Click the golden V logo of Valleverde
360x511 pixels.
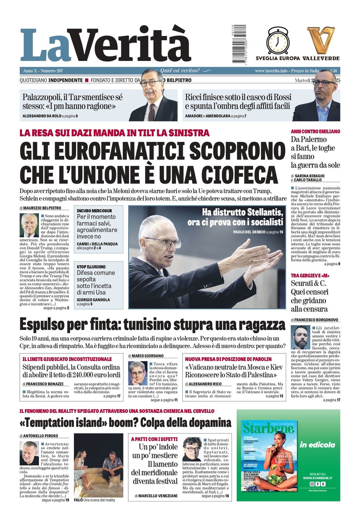click(x=321, y=40)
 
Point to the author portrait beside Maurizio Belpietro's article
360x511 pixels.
click(x=29, y=225)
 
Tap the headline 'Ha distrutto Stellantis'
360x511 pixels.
click(x=242, y=212)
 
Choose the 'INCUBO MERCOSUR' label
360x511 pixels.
click(x=94, y=211)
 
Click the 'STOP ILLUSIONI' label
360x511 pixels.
click(x=91, y=267)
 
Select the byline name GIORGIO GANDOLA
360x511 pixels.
click(x=93, y=300)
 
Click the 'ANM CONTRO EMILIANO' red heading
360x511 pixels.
click(x=315, y=132)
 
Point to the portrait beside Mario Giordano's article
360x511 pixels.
click(x=137, y=373)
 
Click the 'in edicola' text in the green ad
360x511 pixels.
click(x=317, y=445)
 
